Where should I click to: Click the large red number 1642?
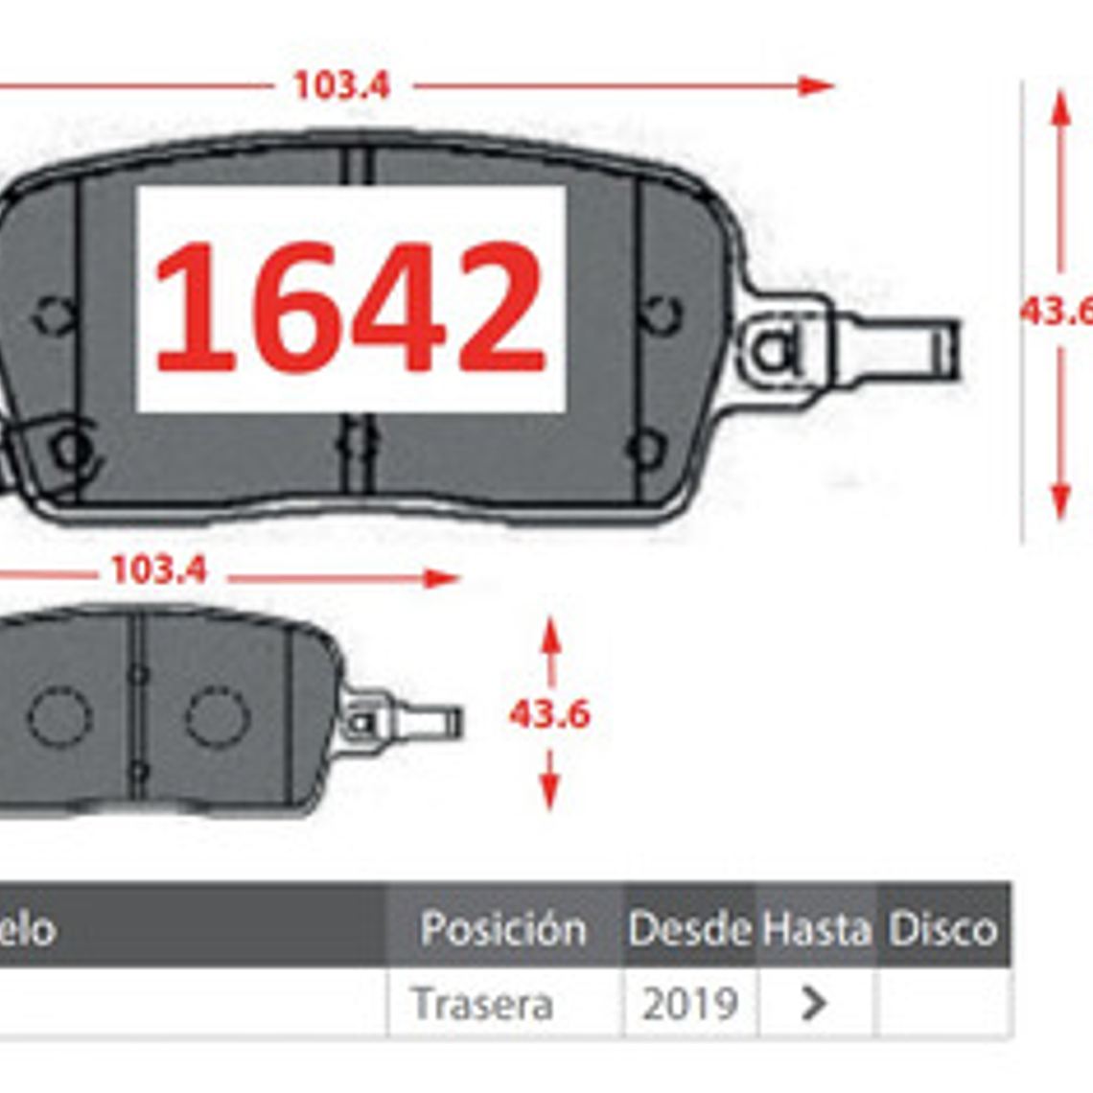click(350, 307)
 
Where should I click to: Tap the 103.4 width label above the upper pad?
click(341, 86)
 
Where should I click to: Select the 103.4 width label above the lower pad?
click(158, 571)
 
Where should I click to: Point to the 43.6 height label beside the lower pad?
click(549, 714)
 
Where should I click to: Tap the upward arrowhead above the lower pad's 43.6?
click(549, 636)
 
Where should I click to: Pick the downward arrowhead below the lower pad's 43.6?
click(549, 792)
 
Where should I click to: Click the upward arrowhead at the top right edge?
click(1059, 107)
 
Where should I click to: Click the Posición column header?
click(503, 929)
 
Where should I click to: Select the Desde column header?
click(689, 929)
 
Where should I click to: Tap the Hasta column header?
click(816, 929)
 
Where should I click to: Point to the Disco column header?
click(942, 929)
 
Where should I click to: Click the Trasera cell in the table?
click(482, 1005)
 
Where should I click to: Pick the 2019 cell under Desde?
click(689, 1005)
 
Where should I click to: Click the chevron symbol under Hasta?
click(814, 1004)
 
